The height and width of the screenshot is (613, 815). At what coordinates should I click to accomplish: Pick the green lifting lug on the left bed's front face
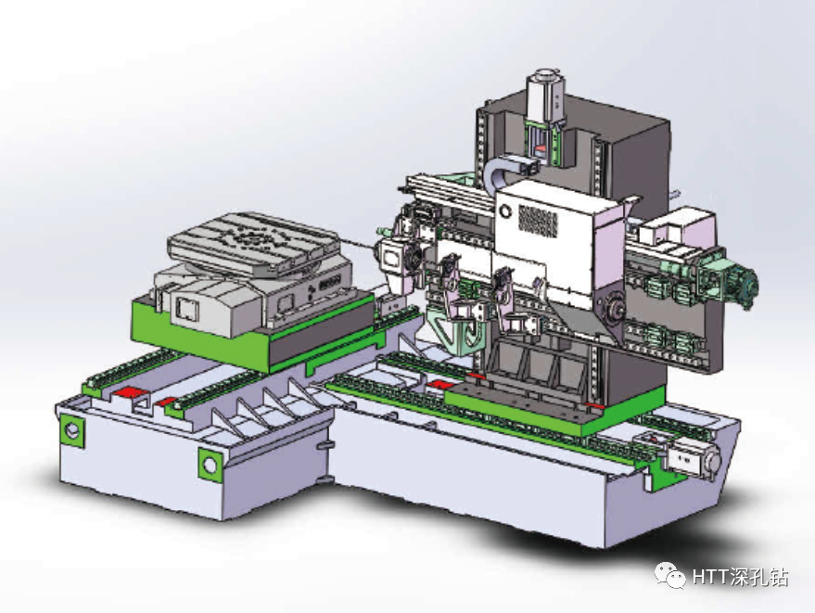(x=210, y=461)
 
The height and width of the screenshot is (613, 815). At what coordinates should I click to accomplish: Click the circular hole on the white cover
(x=505, y=211)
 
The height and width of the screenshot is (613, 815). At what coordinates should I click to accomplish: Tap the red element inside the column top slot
(x=541, y=146)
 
